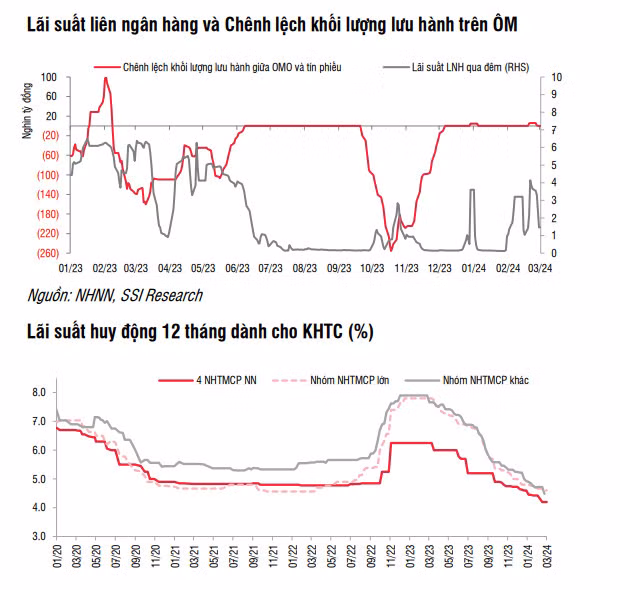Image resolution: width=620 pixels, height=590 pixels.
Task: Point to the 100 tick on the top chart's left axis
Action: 49,77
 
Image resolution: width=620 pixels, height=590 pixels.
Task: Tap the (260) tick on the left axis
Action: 46,252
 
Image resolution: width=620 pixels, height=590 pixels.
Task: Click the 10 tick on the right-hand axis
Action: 557,77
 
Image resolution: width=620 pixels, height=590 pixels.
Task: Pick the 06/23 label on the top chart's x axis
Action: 238,268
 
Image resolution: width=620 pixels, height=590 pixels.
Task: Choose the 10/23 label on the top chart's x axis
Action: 373,268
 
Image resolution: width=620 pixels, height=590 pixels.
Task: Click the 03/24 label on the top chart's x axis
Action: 541,268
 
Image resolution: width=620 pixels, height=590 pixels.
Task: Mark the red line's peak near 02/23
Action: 105,79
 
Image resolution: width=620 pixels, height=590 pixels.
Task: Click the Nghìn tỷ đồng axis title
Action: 27,109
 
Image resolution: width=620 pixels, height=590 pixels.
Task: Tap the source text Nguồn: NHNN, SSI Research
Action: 115,295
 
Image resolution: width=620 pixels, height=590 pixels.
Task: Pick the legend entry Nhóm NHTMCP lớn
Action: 345,380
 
